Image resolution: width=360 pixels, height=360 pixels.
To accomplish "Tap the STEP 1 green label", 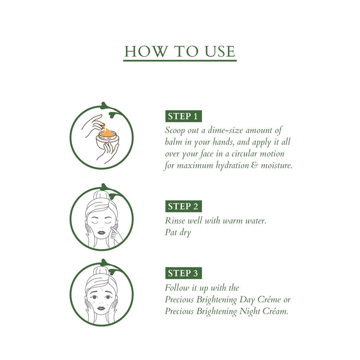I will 184,116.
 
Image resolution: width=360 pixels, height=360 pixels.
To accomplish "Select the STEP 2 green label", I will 184,206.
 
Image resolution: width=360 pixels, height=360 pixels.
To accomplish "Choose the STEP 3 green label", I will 184,273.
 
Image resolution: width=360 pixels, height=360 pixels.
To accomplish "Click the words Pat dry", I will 178,233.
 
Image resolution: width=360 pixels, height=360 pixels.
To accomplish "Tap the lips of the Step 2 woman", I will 101,232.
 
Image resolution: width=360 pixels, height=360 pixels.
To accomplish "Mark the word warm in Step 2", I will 238,221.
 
